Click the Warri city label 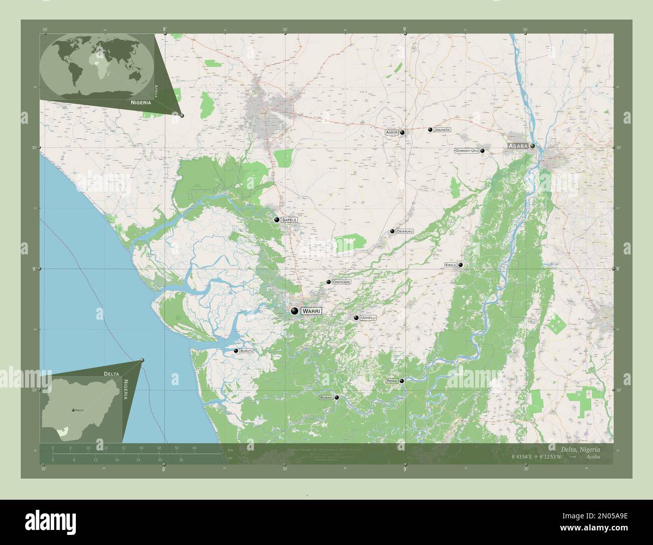(311, 311)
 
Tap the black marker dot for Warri (294, 311)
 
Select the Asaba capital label (518, 146)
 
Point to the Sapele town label (289, 220)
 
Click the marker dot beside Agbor (402, 132)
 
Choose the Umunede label (442, 130)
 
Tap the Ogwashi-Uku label (466, 151)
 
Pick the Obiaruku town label (404, 231)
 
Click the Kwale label (451, 264)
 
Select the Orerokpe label (342, 282)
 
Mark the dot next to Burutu (236, 351)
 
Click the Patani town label (392, 381)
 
